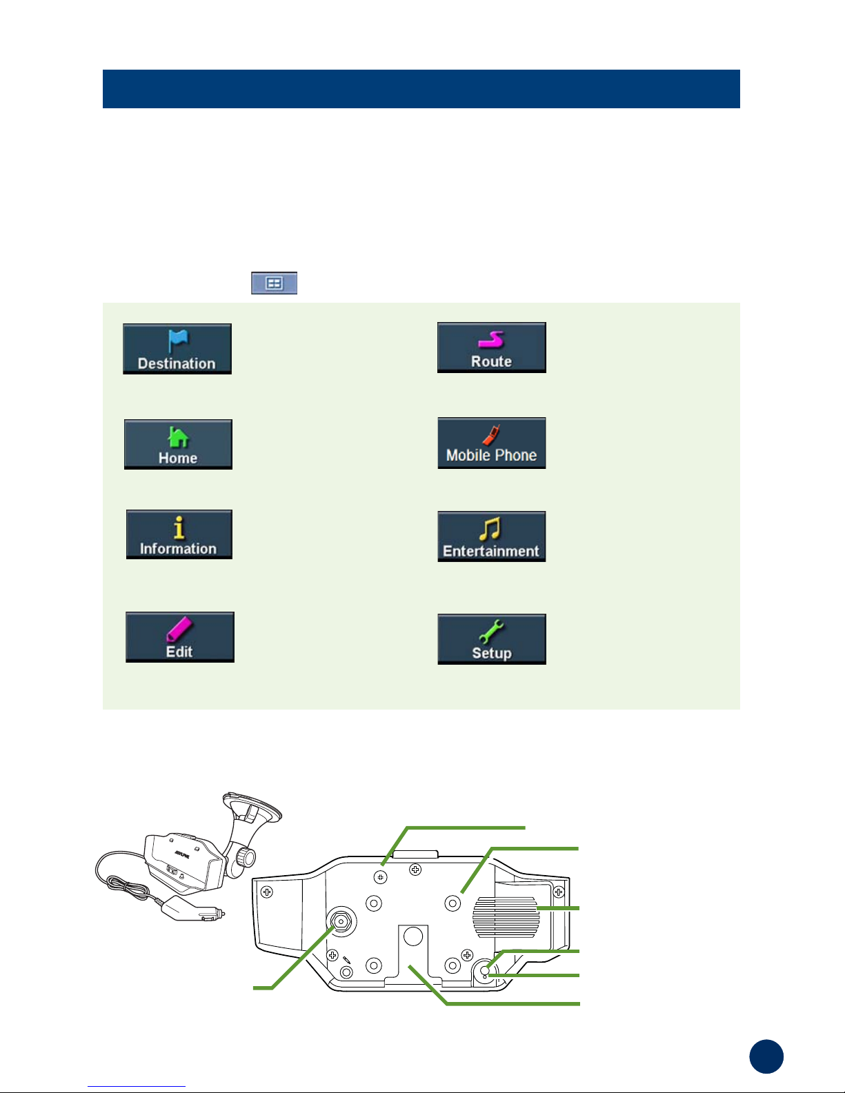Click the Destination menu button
(177, 349)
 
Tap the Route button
(491, 348)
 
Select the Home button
(178, 444)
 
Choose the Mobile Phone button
(491, 443)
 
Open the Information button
(179, 534)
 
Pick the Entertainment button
(491, 537)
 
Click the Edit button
(180, 637)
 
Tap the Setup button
(491, 639)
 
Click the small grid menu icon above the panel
(274, 283)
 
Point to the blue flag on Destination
(178, 339)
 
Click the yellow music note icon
(490, 529)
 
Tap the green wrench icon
(491, 630)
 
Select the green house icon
(178, 437)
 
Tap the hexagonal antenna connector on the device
(341, 921)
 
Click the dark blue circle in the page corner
(766, 1056)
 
